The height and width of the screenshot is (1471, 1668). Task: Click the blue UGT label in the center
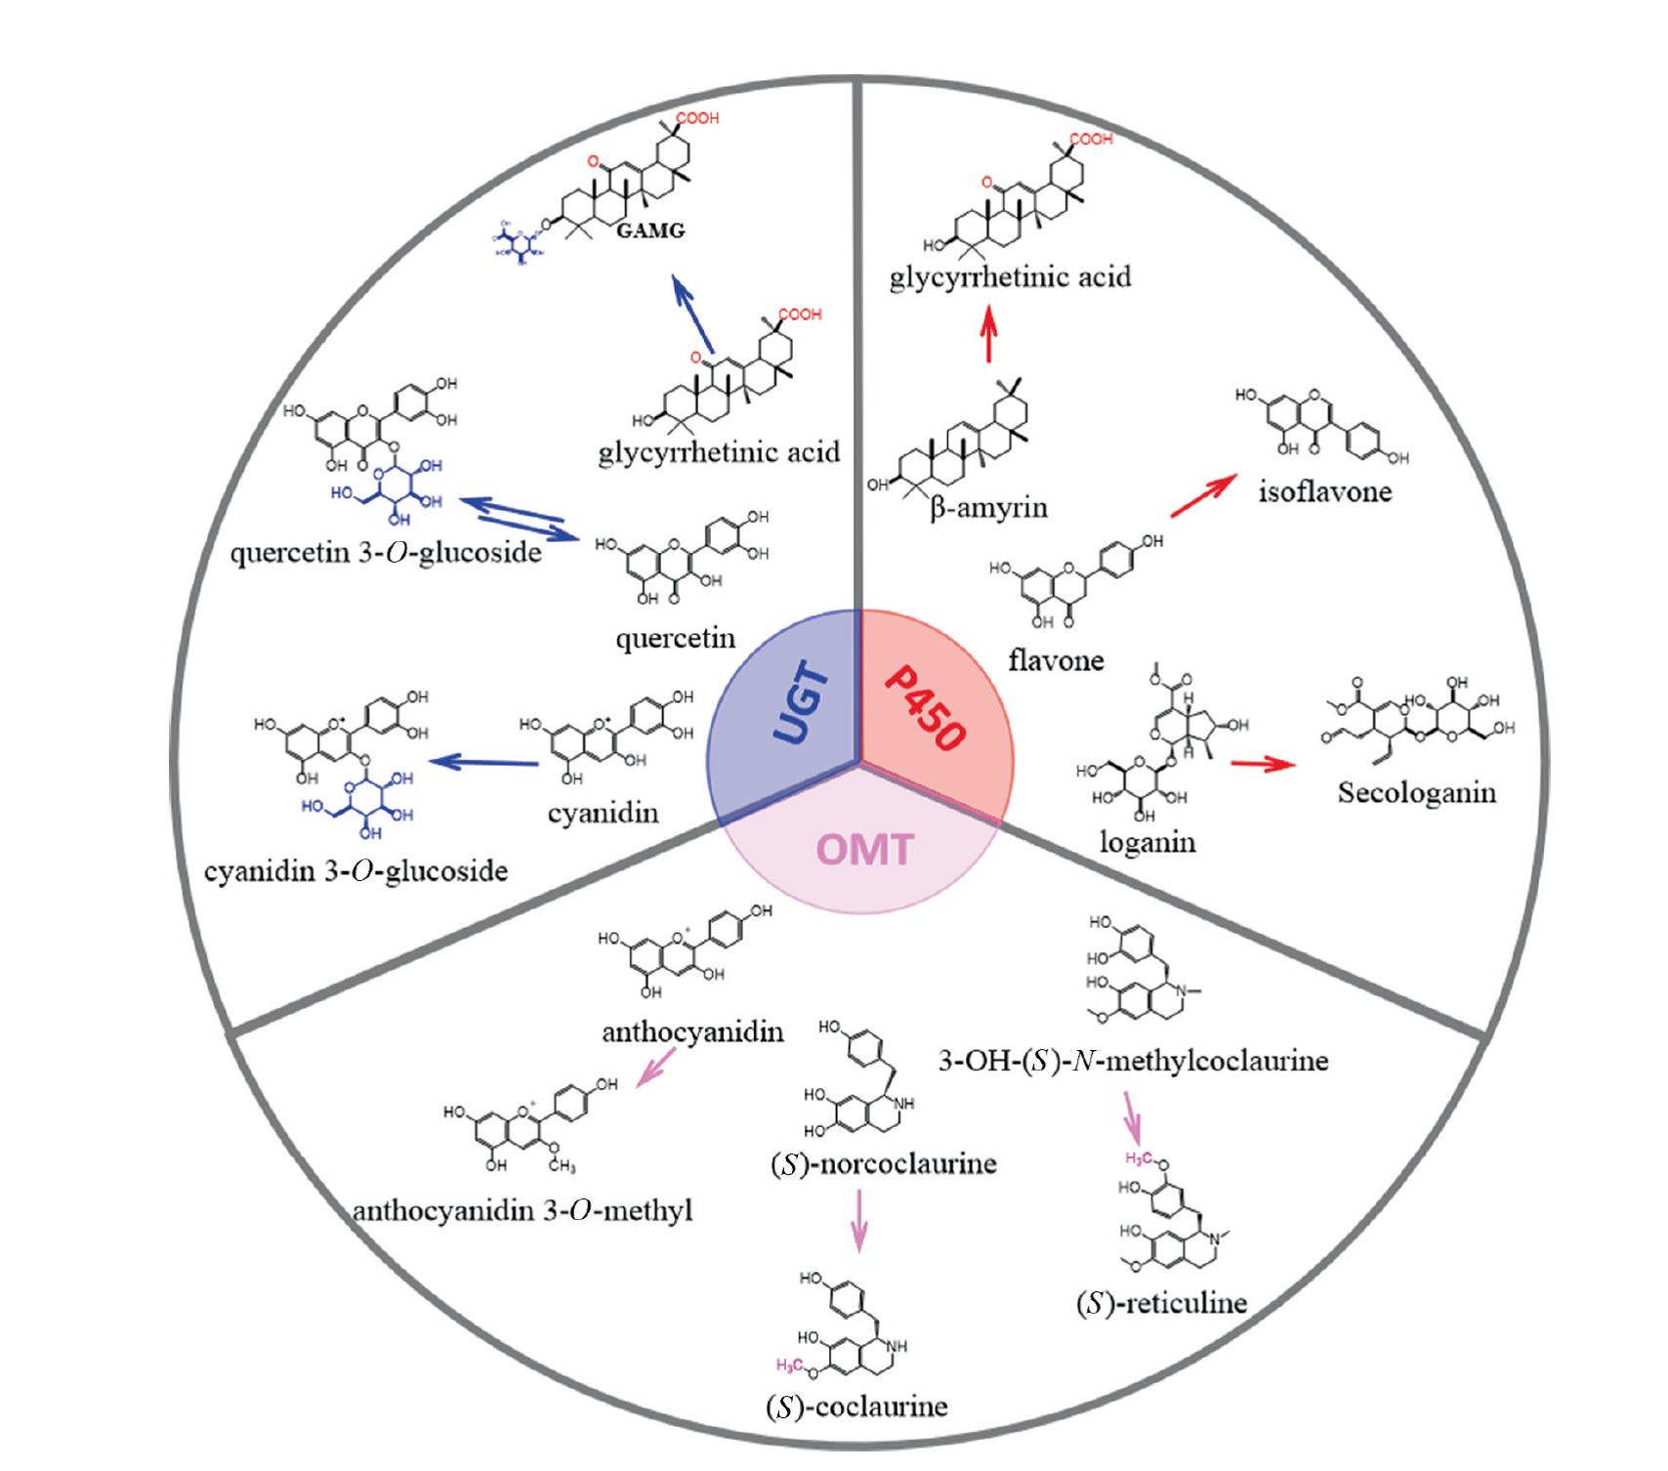tap(802, 705)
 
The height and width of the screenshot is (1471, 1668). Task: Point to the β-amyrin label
tap(988, 508)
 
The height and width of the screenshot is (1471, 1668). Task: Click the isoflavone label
tap(1325, 490)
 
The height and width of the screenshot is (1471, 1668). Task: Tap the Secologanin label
tap(1416, 791)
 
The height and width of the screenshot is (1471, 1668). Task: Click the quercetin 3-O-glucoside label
tap(386, 553)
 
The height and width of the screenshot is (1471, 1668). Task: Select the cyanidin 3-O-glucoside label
tap(356, 870)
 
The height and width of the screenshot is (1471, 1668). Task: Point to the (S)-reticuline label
tap(1161, 1302)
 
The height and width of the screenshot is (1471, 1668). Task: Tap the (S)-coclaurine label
tap(856, 1406)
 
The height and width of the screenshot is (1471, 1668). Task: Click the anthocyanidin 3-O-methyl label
tap(522, 1211)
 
